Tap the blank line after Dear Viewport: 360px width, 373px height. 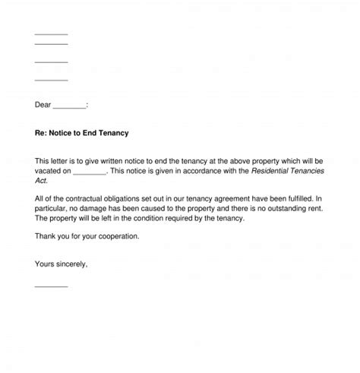coord(71,106)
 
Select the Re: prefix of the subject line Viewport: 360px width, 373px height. coord(41,133)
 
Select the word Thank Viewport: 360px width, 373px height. coord(46,236)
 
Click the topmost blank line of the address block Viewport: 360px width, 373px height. coord(51,34)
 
